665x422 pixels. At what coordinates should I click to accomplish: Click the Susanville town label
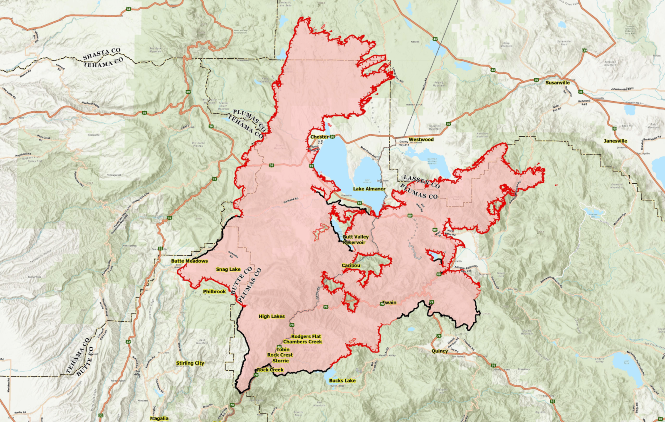[x=557, y=82]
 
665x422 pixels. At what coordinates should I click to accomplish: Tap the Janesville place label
[x=615, y=141]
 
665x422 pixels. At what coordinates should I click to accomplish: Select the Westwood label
[x=421, y=140]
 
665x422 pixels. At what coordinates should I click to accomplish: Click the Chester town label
[x=319, y=137]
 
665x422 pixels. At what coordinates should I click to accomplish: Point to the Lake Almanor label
[x=369, y=189]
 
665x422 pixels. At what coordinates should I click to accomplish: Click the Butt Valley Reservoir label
[x=356, y=240]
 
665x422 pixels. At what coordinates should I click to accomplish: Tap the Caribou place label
[x=351, y=265]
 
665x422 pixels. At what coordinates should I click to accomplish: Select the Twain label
[x=389, y=302]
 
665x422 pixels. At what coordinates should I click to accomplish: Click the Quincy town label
[x=439, y=351]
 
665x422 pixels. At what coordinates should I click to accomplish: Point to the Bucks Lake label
[x=342, y=380]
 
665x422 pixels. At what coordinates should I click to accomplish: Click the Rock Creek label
[x=270, y=370]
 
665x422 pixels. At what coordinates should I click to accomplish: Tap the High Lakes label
[x=272, y=316]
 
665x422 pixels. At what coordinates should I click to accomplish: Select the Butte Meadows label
[x=189, y=261]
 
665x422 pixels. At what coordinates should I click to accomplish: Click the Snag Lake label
[x=228, y=269]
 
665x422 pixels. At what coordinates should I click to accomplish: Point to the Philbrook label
[x=214, y=291]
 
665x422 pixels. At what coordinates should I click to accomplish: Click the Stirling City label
[x=190, y=363]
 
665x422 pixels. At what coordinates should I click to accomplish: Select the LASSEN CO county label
[x=421, y=182]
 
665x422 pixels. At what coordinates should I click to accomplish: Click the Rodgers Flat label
[x=306, y=336]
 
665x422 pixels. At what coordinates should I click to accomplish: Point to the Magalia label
[x=159, y=418]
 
